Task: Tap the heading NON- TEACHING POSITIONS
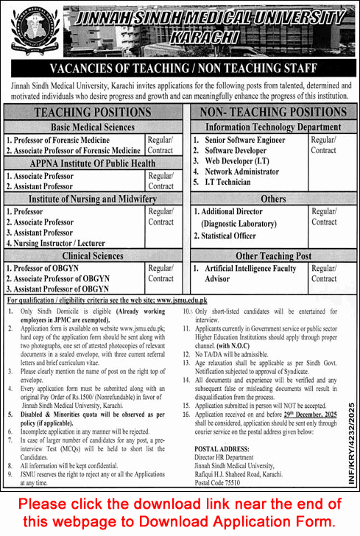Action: point(269,112)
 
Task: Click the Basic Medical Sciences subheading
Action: point(92,127)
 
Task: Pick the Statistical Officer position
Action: point(225,236)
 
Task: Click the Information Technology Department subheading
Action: point(269,127)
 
